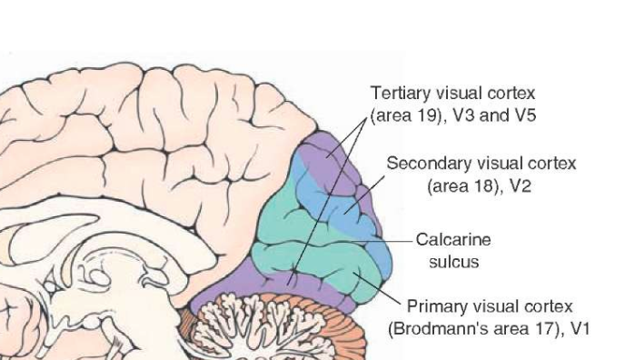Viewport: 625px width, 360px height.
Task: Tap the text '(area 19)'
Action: click(400, 116)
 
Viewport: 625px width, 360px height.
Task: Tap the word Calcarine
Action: click(453, 240)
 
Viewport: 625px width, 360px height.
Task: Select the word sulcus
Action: click(453, 262)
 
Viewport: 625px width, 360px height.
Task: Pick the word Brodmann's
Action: click(437, 328)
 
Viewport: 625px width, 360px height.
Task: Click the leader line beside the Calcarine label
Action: click(401, 240)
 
